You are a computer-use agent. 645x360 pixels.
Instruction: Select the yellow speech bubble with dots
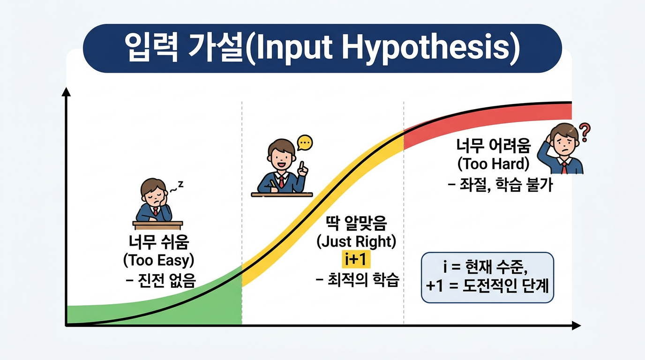click(305, 142)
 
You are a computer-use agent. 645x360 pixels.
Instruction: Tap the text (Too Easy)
click(158, 260)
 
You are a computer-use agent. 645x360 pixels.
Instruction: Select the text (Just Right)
click(356, 242)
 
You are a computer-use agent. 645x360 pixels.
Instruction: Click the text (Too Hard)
click(493, 164)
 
